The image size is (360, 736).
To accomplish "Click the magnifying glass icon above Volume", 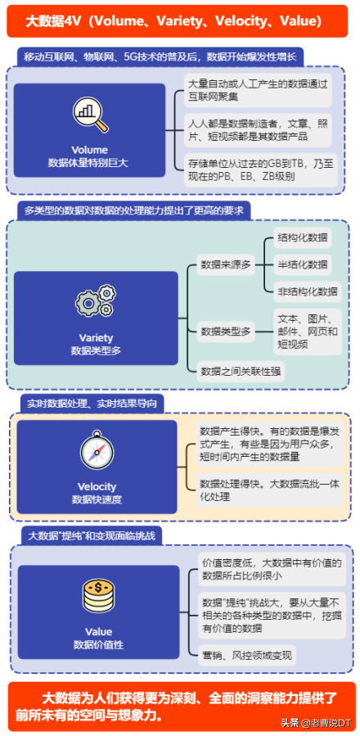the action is [90, 114].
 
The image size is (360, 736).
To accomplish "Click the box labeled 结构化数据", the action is [303, 237].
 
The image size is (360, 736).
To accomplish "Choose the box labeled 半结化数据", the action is [303, 264].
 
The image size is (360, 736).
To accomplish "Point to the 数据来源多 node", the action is [225, 264].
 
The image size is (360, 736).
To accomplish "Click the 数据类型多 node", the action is [225, 332].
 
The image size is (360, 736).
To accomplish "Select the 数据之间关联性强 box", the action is [241, 372].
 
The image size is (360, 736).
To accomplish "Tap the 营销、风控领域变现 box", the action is [247, 655].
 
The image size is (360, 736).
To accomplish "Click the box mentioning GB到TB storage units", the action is [260, 170].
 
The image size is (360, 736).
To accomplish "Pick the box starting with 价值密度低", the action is [272, 569].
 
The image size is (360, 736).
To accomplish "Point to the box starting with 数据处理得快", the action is [269, 490].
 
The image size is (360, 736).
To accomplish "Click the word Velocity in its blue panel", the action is [97, 486].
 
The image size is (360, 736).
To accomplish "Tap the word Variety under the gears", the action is [97, 337].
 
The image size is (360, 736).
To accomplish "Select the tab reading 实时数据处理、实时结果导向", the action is [95, 404].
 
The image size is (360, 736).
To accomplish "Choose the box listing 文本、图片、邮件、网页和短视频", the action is [308, 332].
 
